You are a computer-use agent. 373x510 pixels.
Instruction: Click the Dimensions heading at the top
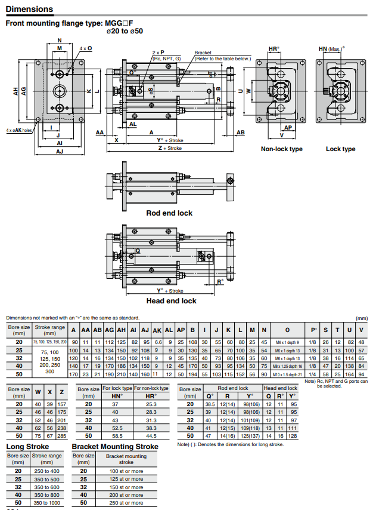click(x=29, y=10)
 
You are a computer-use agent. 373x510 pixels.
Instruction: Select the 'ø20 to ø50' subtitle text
click(x=124, y=31)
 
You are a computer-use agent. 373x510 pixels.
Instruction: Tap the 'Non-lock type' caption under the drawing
click(x=281, y=149)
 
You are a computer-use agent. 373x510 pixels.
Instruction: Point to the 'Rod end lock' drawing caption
click(x=169, y=213)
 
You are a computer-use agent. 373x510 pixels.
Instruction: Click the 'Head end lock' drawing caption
click(x=171, y=301)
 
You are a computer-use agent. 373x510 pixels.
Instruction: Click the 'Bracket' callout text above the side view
click(x=203, y=53)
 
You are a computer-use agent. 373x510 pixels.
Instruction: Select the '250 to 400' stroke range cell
click(x=46, y=471)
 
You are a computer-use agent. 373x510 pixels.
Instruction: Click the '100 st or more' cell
click(x=126, y=471)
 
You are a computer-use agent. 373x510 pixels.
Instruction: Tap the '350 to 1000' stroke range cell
click(x=46, y=503)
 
